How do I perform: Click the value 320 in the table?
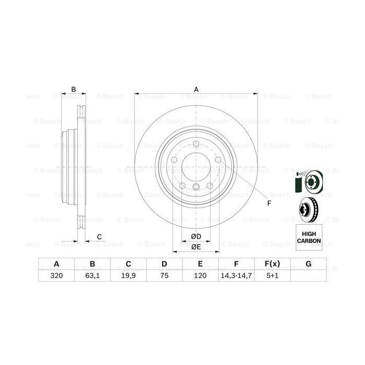[56, 276]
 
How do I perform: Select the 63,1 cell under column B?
[92, 276]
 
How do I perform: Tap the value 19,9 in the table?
[128, 276]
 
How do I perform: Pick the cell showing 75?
[164, 276]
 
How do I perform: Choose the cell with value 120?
[200, 276]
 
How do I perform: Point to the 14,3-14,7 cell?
[236, 276]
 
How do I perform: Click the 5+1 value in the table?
[272, 276]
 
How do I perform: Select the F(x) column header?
[272, 264]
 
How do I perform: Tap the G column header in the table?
[308, 264]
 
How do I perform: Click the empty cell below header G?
[308, 276]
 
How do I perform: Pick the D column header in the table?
[164, 264]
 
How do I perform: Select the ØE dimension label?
[196, 247]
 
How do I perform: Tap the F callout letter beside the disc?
[269, 203]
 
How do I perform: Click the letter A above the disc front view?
[197, 89]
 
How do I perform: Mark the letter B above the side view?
[74, 89]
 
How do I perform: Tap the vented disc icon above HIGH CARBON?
[309, 210]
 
